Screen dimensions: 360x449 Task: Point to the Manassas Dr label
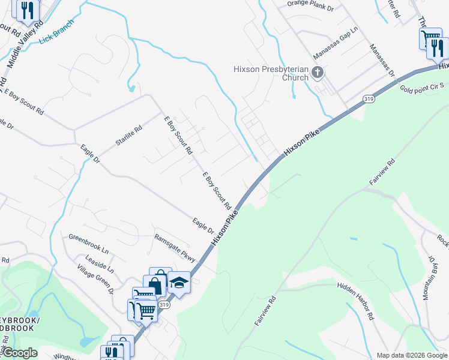[x=382, y=61]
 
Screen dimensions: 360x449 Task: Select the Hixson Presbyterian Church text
[x=271, y=73]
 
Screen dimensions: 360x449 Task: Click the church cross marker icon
[x=318, y=74]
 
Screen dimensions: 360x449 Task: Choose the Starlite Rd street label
[x=129, y=137]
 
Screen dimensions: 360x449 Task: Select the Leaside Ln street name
[x=100, y=262]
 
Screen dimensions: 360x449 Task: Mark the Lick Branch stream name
[x=56, y=32]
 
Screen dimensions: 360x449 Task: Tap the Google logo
[x=19, y=353]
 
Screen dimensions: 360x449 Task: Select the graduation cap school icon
[x=178, y=282]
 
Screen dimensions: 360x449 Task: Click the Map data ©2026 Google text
[x=412, y=355]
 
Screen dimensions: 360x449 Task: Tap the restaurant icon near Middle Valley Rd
[x=26, y=10]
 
